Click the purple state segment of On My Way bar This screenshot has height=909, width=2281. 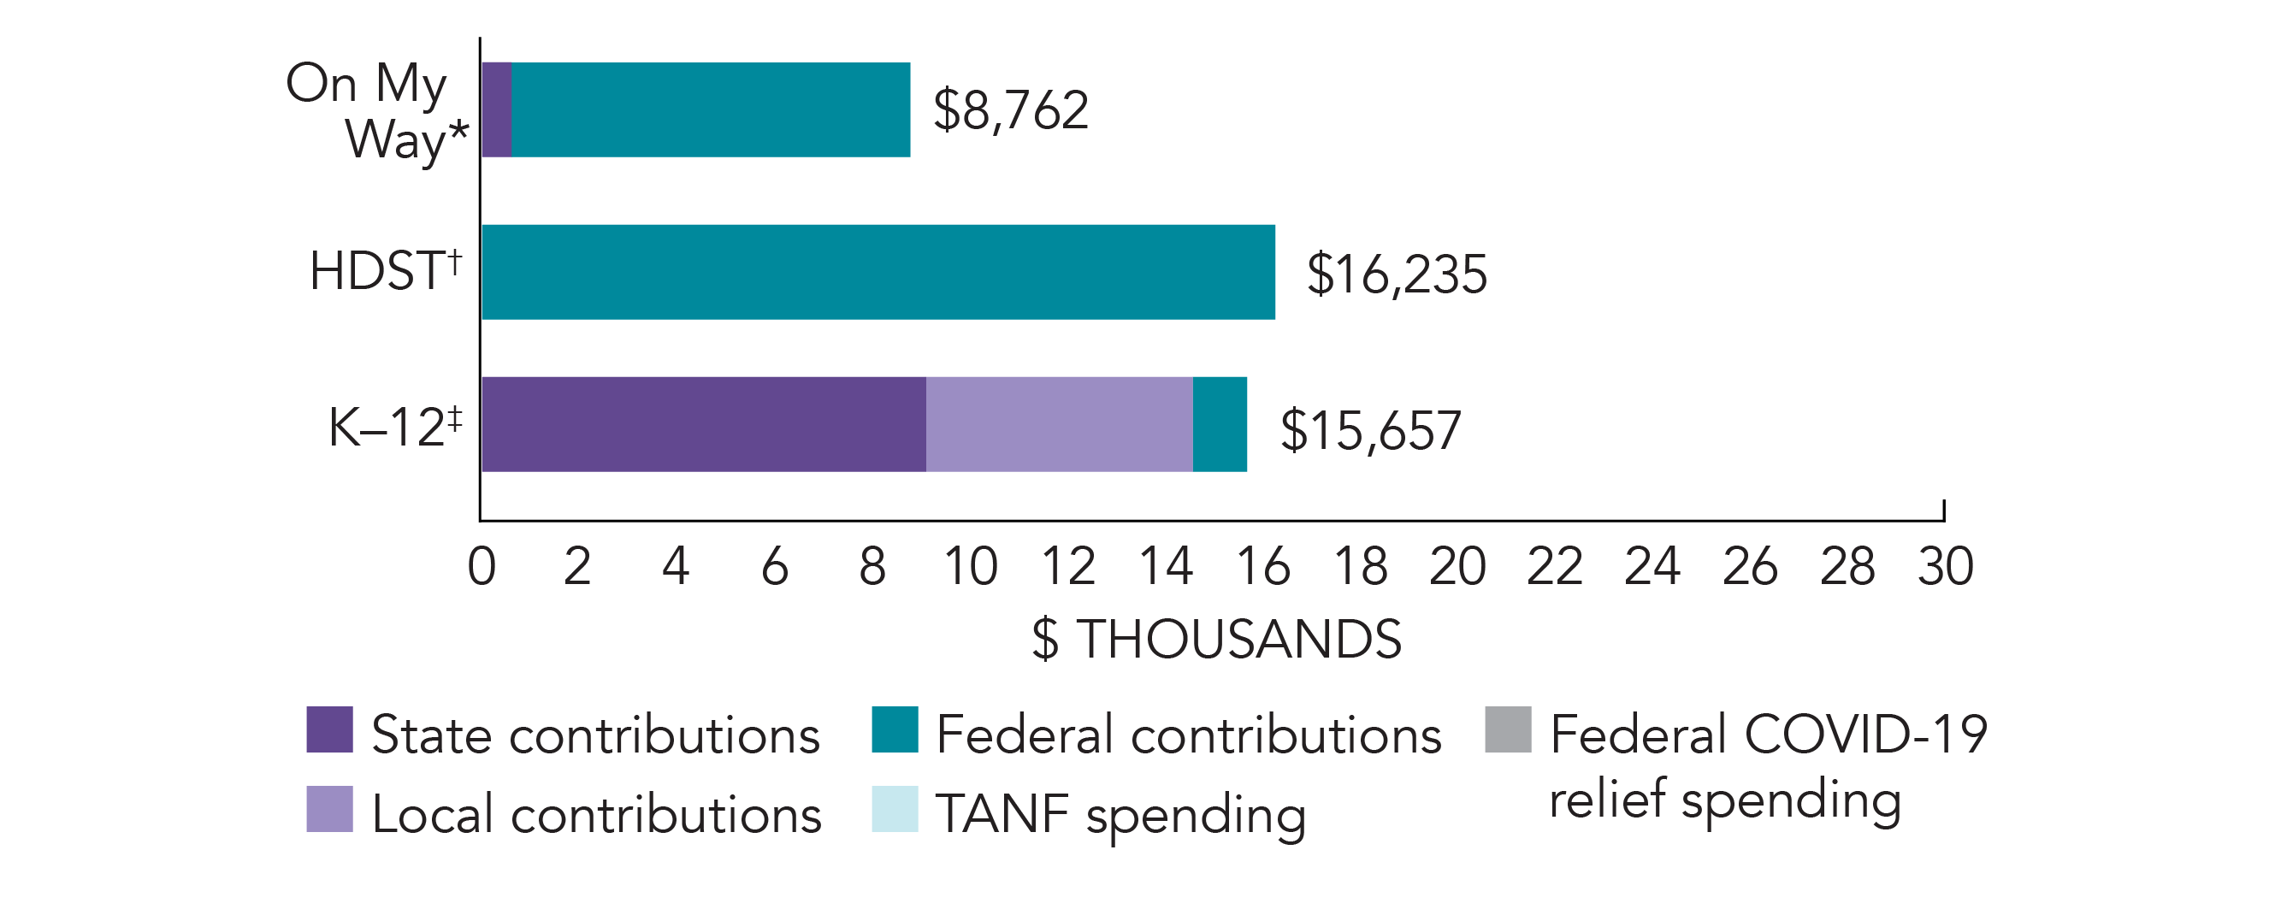pyautogui.click(x=497, y=109)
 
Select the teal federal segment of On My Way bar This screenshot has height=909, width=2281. pyautogui.click(x=711, y=109)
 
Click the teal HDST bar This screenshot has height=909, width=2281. pyautogui.click(x=878, y=272)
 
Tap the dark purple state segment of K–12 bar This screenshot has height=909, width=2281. pyautogui.click(x=704, y=424)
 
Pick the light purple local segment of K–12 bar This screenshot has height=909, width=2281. pyautogui.click(x=1059, y=424)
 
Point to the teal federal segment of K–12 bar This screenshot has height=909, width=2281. pyautogui.click(x=1220, y=424)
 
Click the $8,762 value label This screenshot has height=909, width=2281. pyautogui.click(x=1010, y=110)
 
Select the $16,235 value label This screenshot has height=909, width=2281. pyautogui.click(x=1397, y=274)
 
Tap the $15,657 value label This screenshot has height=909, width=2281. pyautogui.click(x=1370, y=431)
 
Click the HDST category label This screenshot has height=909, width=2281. pyautogui.click(x=385, y=270)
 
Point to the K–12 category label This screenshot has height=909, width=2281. pyautogui.click(x=395, y=427)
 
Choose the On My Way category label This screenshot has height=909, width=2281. pyautogui.click(x=375, y=110)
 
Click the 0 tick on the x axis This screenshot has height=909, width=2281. pyautogui.click(x=482, y=566)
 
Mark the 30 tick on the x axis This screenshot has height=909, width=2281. pyautogui.click(x=1946, y=566)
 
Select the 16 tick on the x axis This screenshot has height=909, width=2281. pyautogui.click(x=1262, y=566)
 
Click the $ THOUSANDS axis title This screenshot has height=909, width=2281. pyautogui.click(x=1217, y=639)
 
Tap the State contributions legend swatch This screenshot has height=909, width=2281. pyautogui.click(x=329, y=729)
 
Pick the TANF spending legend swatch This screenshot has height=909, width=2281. pyautogui.click(x=895, y=809)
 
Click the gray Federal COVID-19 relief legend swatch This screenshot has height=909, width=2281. pyautogui.click(x=1508, y=729)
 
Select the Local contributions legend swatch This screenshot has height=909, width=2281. pyautogui.click(x=329, y=809)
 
